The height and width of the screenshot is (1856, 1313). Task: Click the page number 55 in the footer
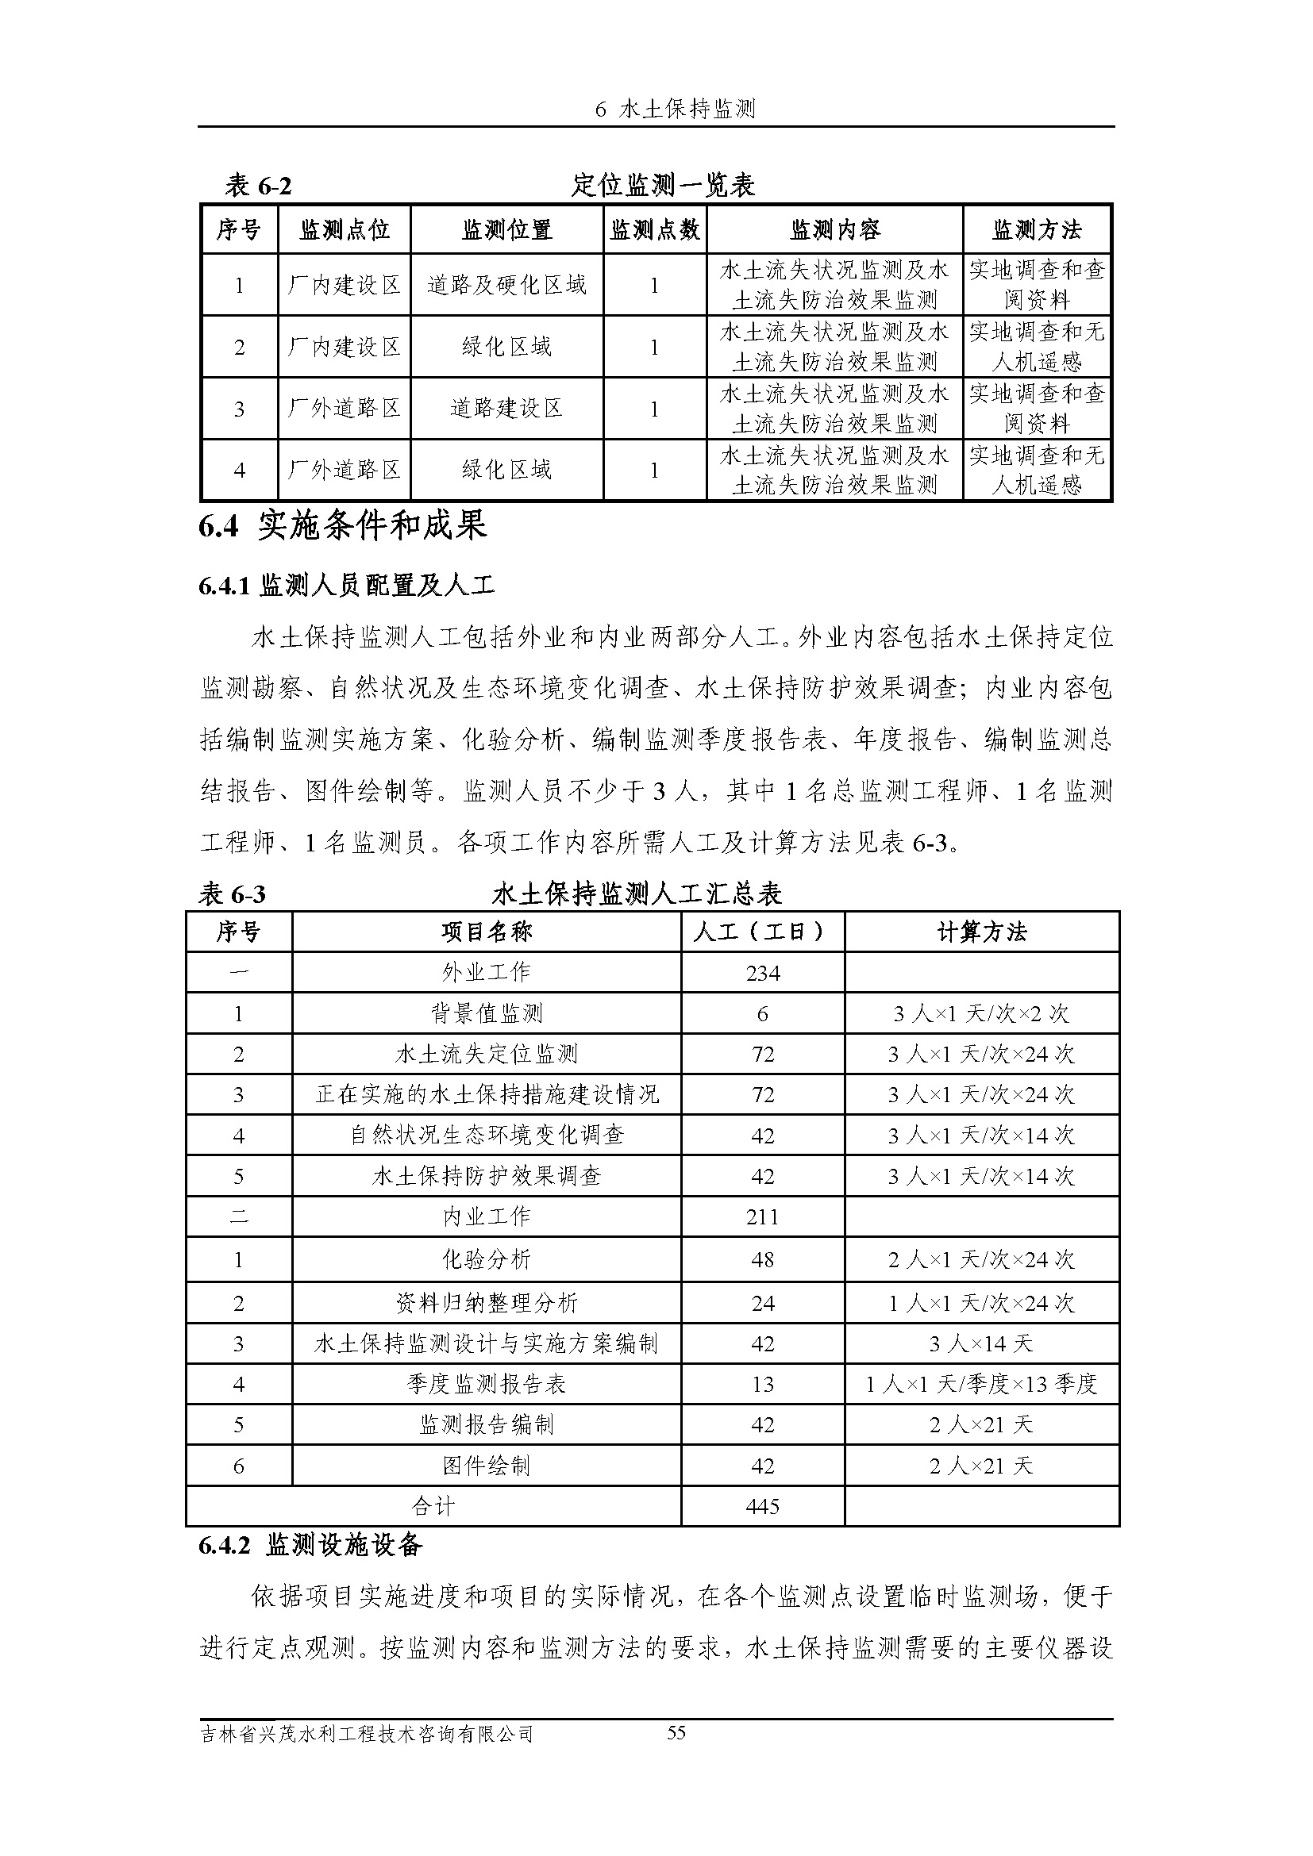click(676, 1732)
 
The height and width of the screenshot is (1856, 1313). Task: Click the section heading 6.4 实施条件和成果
click(343, 526)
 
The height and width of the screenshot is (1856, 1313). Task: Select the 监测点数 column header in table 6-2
click(654, 230)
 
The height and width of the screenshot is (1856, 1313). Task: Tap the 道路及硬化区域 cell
click(506, 285)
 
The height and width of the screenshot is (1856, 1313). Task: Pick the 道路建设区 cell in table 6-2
click(506, 408)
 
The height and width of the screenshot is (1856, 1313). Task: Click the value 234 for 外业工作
click(762, 974)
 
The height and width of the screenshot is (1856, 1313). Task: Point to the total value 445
click(762, 1506)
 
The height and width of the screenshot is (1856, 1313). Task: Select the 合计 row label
click(433, 1506)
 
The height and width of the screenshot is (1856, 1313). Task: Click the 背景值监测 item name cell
click(486, 1013)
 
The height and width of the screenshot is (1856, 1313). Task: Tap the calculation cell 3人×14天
click(980, 1344)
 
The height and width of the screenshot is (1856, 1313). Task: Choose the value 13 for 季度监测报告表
click(762, 1385)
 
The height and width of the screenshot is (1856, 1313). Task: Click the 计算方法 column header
click(981, 933)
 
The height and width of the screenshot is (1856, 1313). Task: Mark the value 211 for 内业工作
click(762, 1216)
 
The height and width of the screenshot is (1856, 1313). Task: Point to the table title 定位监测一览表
click(663, 186)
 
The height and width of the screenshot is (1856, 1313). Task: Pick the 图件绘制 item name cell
click(486, 1466)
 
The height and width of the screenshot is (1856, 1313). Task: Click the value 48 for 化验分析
click(762, 1259)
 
